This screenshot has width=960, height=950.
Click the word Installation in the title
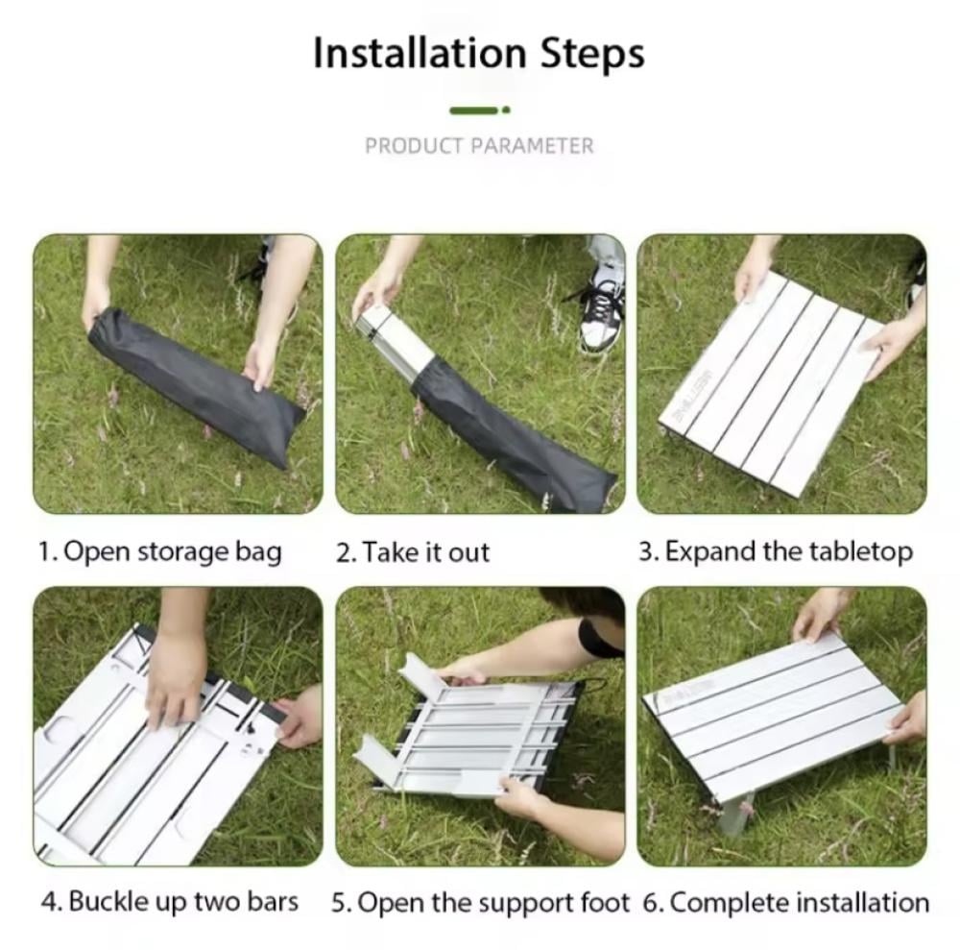(x=420, y=53)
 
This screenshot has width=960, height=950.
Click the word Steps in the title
(x=592, y=55)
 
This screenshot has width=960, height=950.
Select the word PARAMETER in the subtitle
(x=532, y=146)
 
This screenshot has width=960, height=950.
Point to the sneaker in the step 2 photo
(x=601, y=313)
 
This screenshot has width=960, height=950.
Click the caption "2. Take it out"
(x=413, y=552)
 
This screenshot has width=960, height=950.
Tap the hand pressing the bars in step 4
(x=176, y=679)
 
